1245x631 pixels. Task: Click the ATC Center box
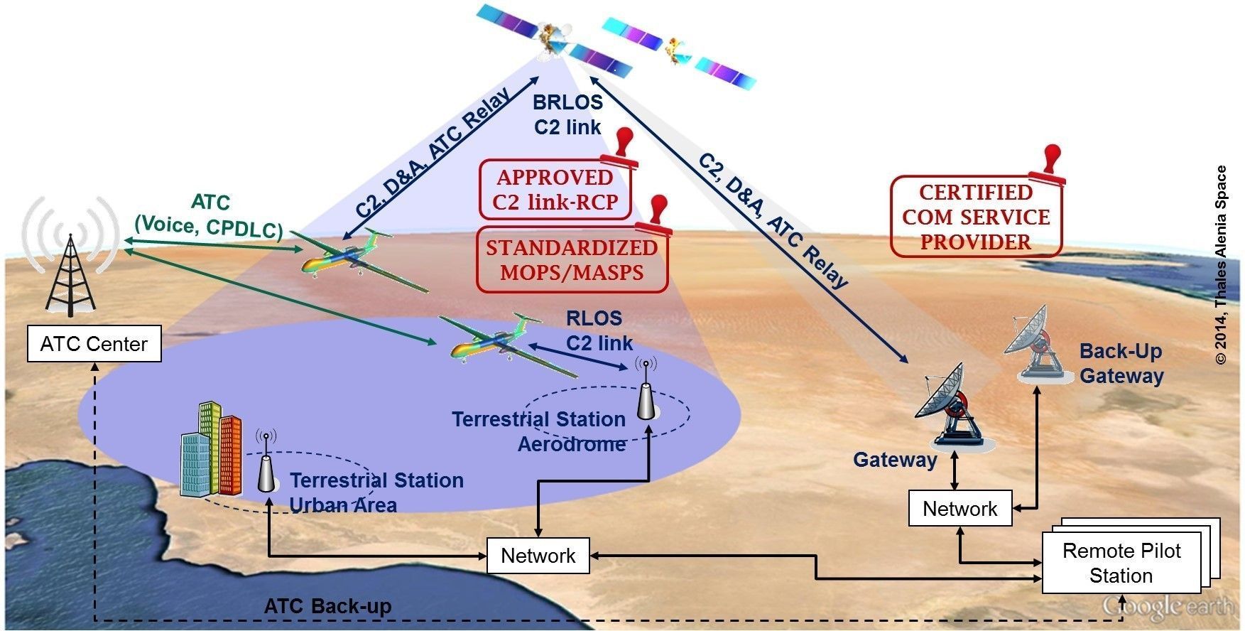[94, 344]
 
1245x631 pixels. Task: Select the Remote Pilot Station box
[1121, 563]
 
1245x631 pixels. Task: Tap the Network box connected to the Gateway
[959, 509]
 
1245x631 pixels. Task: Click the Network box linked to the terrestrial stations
[538, 555]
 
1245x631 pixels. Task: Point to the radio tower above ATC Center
[70, 274]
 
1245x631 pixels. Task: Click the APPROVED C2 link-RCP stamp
[555, 190]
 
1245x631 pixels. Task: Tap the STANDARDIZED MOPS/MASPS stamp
[572, 259]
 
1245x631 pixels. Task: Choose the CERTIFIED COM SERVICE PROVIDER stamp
[976, 217]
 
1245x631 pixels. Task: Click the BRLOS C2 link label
[567, 114]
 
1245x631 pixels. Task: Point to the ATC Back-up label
[327, 606]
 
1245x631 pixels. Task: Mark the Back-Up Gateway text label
[1121, 363]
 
